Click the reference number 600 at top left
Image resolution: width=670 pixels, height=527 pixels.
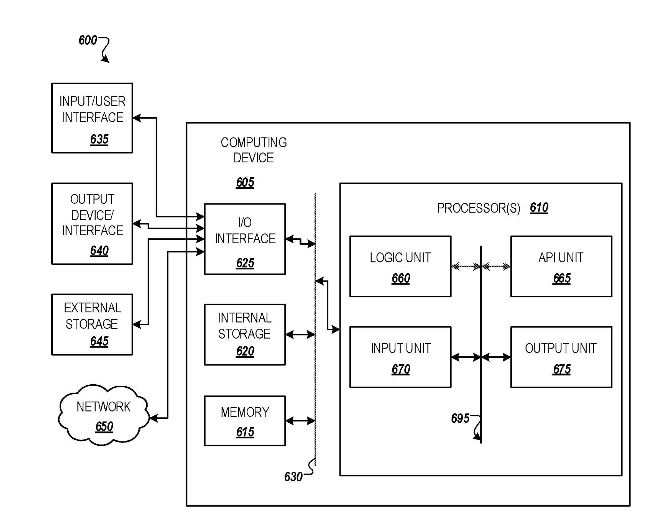(x=88, y=40)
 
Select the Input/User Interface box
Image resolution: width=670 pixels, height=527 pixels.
(x=92, y=118)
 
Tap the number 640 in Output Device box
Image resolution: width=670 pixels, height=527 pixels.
(x=99, y=251)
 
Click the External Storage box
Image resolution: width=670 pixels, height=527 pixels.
(x=92, y=325)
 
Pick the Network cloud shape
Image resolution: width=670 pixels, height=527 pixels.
(x=104, y=415)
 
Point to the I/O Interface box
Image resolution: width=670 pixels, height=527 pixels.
(x=245, y=239)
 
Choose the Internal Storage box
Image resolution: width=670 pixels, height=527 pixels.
(x=245, y=334)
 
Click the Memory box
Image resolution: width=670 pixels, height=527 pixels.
(x=245, y=421)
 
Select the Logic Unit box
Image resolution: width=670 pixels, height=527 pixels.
(x=400, y=267)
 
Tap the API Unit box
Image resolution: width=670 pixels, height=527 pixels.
(x=561, y=267)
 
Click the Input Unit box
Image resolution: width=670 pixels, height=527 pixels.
(x=400, y=357)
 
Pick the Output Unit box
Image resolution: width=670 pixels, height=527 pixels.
(x=561, y=357)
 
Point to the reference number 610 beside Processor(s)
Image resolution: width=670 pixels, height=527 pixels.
(x=539, y=208)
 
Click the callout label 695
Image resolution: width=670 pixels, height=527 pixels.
(x=460, y=418)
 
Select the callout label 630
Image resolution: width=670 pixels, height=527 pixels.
(x=293, y=477)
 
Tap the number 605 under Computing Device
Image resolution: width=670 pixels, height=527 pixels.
(x=245, y=182)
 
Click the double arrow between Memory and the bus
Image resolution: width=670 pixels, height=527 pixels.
(x=300, y=421)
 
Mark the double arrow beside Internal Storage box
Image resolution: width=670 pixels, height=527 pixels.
(x=300, y=335)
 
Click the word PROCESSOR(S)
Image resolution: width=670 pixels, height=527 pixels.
(x=478, y=208)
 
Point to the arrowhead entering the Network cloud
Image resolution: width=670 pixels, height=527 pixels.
(x=154, y=418)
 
